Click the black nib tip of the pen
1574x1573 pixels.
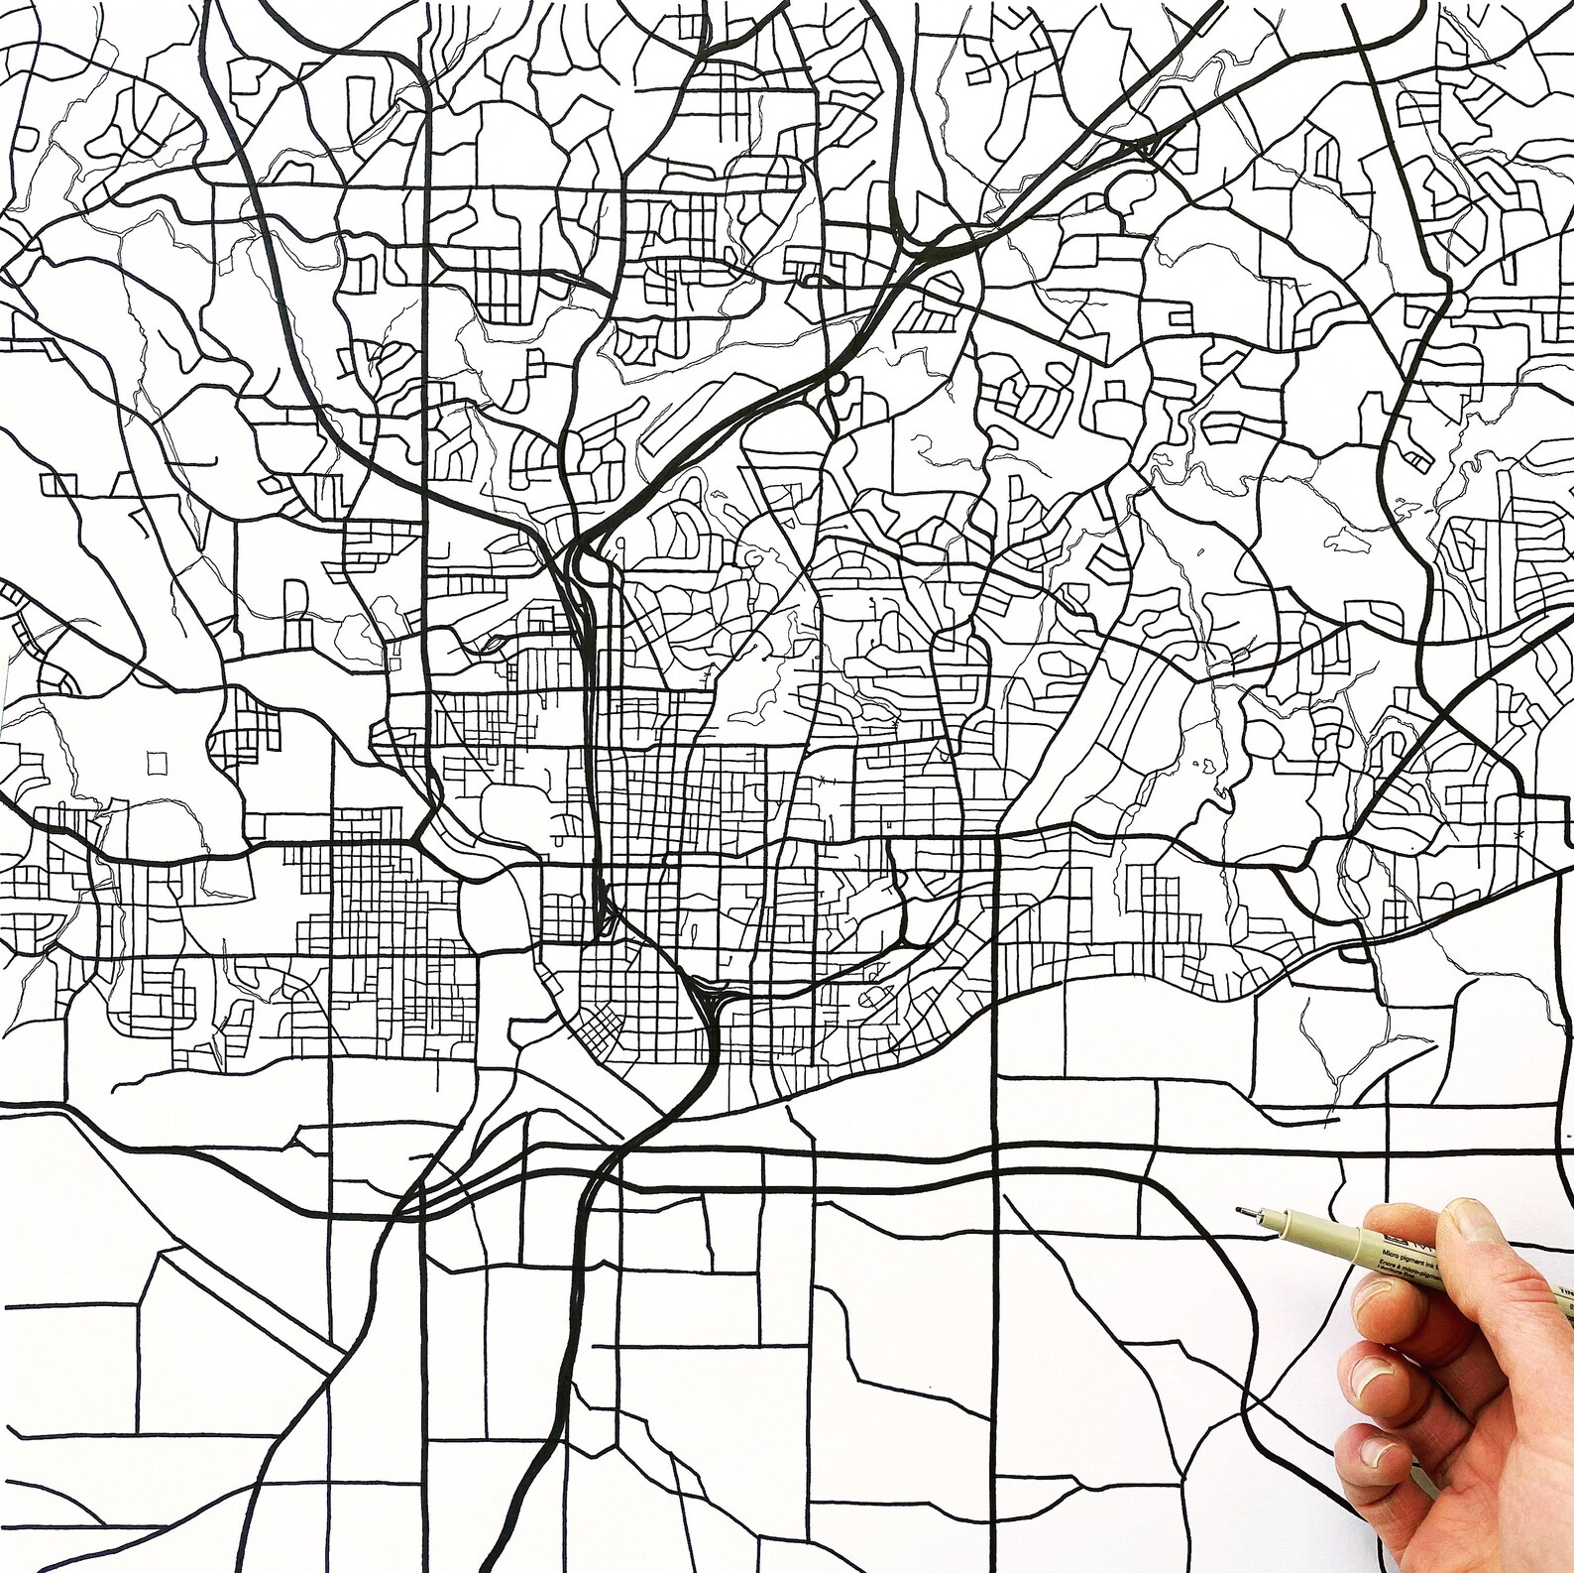pyautogui.click(x=1239, y=1210)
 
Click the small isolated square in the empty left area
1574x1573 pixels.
pyautogui.click(x=156, y=763)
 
